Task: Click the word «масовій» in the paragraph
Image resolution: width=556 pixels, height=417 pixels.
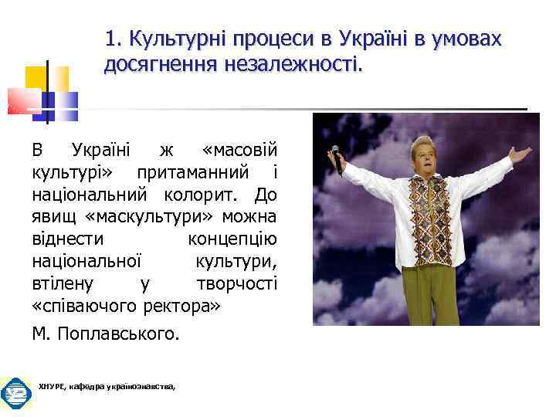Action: coord(239,149)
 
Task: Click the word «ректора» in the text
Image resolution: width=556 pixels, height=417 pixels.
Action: coord(182,305)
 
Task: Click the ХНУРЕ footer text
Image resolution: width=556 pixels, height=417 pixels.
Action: coord(107,385)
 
